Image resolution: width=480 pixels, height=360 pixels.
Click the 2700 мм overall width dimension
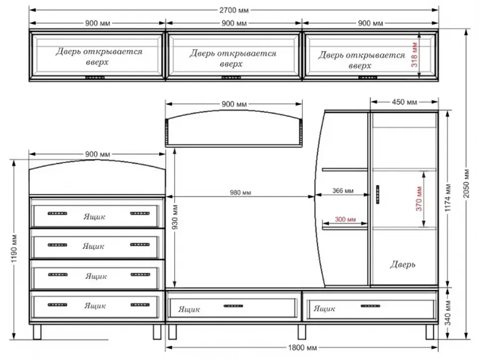click(x=234, y=10)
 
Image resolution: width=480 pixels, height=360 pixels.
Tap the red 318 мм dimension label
click(x=414, y=55)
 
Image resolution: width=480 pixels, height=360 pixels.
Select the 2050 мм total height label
click(x=466, y=183)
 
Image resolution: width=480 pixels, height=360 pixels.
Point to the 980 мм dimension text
click(x=240, y=193)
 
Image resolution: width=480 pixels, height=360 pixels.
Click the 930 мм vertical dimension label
click(x=175, y=218)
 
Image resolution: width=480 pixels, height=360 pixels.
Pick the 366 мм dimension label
click(x=343, y=190)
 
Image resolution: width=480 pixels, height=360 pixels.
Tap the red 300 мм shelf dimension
click(x=345, y=219)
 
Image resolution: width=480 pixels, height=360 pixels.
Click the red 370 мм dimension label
click(x=419, y=199)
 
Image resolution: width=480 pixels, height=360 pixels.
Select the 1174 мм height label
click(x=448, y=198)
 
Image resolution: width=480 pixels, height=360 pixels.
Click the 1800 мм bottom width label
click(x=302, y=348)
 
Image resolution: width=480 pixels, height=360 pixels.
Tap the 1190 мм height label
click(x=14, y=249)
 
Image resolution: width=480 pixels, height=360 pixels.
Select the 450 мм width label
click(x=404, y=102)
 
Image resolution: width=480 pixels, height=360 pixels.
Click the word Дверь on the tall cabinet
click(x=402, y=264)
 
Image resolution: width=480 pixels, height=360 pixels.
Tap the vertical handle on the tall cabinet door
click(x=378, y=194)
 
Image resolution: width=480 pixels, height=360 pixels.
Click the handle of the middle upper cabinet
click(x=231, y=78)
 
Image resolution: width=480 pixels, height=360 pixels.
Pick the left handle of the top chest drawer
click(x=57, y=213)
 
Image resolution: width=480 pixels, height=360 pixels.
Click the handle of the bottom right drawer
click(x=370, y=306)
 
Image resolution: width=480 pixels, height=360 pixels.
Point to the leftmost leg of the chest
click(x=37, y=332)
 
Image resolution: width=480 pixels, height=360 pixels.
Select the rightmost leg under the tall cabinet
click(x=430, y=332)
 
